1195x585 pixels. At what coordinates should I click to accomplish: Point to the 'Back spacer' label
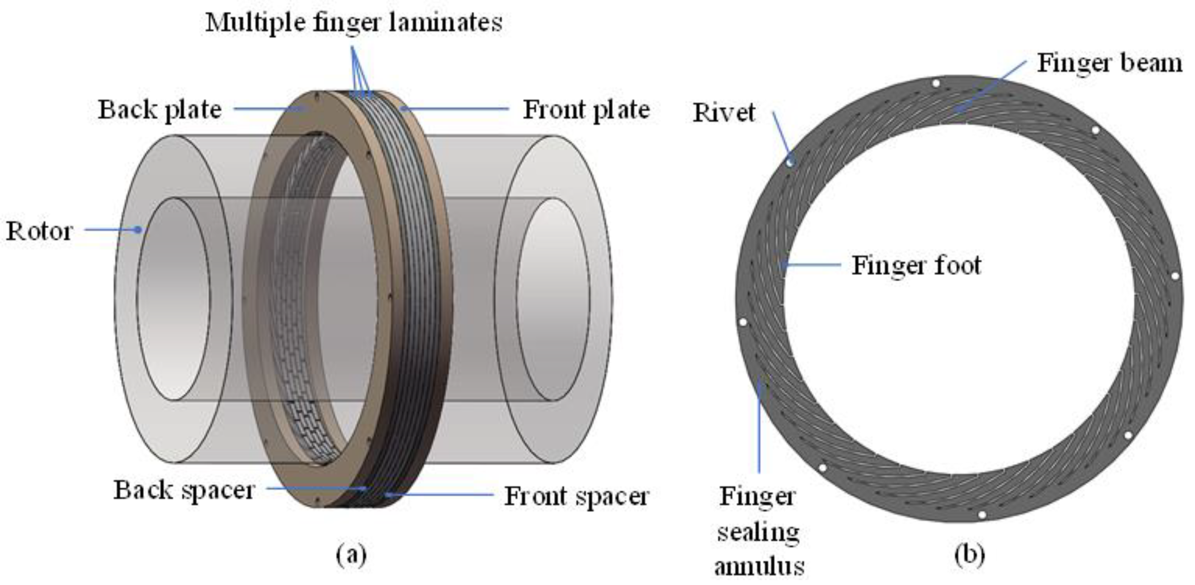click(x=184, y=490)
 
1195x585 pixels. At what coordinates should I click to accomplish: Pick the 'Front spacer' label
click(x=576, y=496)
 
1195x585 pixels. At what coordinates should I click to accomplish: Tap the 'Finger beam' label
click(x=1109, y=63)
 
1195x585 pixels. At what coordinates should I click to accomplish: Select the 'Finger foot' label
click(x=916, y=265)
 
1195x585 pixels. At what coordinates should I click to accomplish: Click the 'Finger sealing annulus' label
click(x=759, y=532)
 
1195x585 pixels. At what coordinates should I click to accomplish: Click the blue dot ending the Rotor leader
click(x=138, y=229)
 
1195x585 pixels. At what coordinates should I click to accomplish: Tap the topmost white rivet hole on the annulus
click(x=936, y=83)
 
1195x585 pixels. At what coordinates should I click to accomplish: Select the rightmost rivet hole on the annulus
click(x=1175, y=276)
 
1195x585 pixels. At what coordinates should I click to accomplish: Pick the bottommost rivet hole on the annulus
click(x=982, y=515)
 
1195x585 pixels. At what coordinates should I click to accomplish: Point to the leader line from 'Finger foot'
click(x=812, y=265)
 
